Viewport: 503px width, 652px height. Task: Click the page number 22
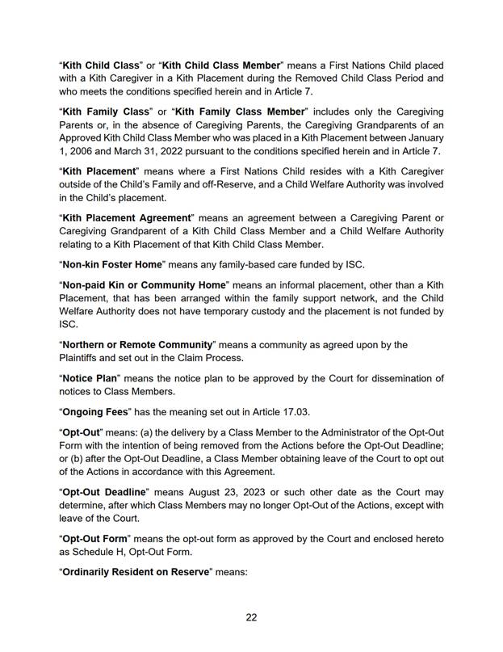[251, 617]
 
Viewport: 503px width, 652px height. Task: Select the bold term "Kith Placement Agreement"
[127, 218]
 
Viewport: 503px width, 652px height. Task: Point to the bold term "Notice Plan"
[91, 379]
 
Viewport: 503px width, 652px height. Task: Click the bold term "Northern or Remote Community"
[137, 345]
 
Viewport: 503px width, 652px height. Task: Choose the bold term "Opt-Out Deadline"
[104, 492]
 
